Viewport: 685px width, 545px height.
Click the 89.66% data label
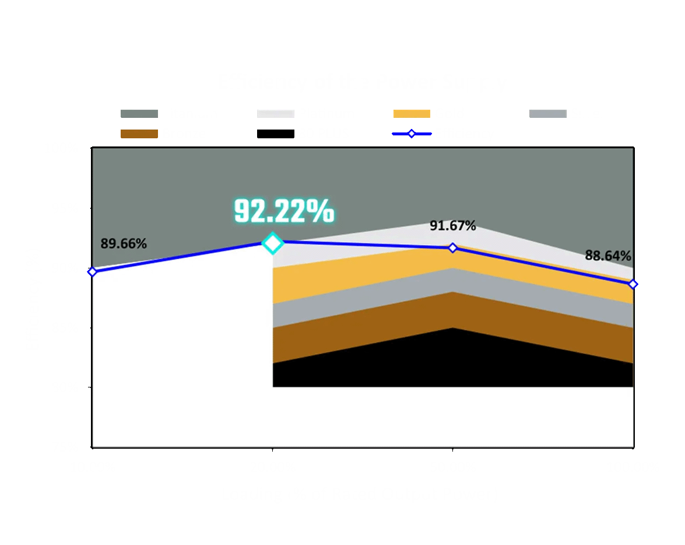pos(124,244)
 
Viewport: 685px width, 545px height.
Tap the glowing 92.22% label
pos(284,211)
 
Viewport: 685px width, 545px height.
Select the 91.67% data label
pos(453,225)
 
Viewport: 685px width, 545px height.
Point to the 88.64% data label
pos(608,256)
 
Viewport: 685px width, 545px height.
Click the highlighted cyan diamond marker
pos(272,242)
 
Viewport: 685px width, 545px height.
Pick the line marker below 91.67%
pos(452,248)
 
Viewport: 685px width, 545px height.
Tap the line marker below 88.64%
pos(633,284)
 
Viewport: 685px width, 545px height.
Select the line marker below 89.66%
pos(92,271)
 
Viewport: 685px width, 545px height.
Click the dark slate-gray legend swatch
pos(139,114)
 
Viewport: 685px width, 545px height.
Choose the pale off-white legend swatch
pos(275,114)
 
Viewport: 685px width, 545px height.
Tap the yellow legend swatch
pos(412,114)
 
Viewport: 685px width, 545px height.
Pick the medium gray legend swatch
pos(547,114)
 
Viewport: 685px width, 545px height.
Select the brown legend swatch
pos(139,134)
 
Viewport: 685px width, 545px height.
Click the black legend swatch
pos(275,134)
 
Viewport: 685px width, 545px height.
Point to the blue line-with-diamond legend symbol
pos(412,134)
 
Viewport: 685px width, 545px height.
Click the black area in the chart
pos(452,362)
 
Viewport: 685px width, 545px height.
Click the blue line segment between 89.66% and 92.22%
pos(182,257)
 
